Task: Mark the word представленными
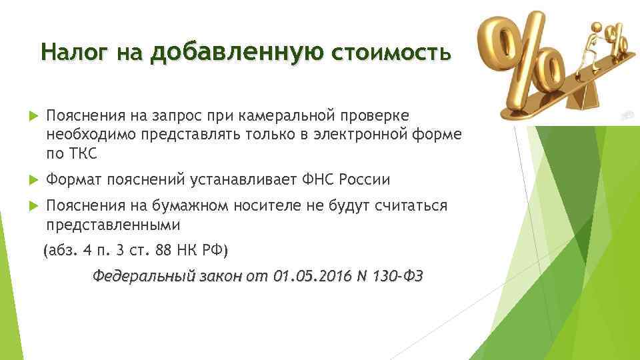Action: (113, 225)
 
